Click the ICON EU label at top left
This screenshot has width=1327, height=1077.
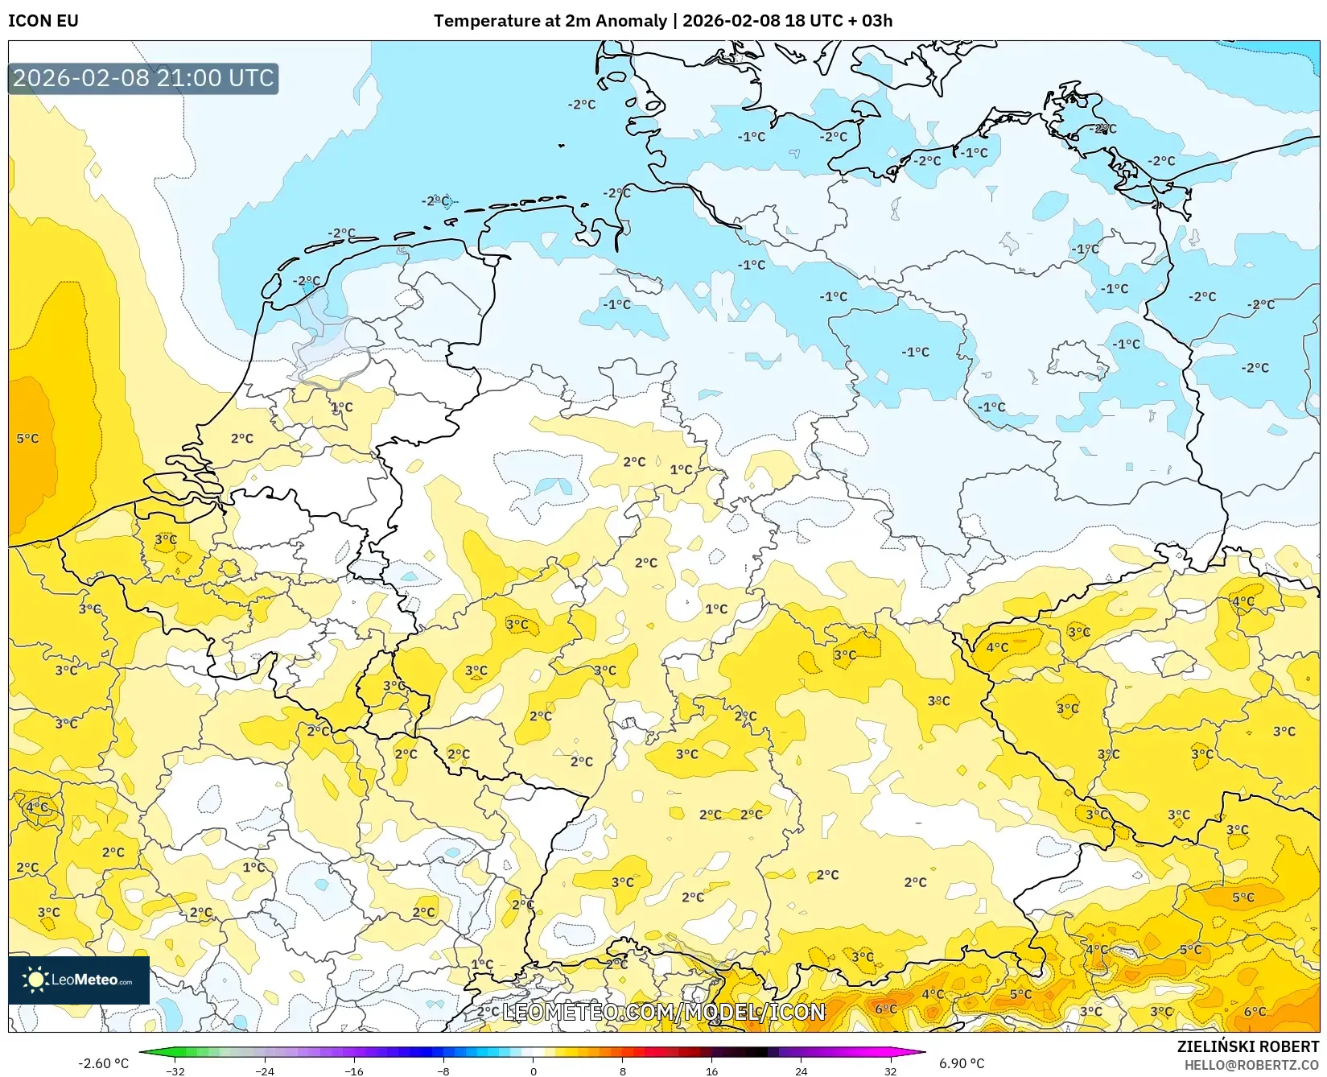[x=43, y=21]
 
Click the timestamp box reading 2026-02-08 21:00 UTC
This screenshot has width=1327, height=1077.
[x=143, y=78]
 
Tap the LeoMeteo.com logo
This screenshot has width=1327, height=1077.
[x=79, y=980]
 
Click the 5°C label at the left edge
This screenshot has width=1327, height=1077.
[x=27, y=439]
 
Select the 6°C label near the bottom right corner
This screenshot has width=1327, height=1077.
[x=1255, y=1012]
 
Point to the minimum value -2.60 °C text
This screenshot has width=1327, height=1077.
[x=103, y=1063]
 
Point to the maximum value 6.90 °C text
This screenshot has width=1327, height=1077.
[x=962, y=1063]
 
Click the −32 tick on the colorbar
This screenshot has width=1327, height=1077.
[x=175, y=1071]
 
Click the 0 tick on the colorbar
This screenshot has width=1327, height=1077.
[x=533, y=1071]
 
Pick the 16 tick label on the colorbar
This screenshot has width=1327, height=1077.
[x=711, y=1071]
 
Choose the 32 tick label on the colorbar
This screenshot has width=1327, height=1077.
[x=890, y=1071]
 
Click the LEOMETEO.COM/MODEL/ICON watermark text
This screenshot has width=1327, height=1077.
[x=664, y=1012]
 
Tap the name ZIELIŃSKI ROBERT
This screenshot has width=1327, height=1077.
[x=1248, y=1046]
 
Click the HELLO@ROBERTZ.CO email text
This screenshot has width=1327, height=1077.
[x=1251, y=1065]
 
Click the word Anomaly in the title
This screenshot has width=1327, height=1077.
[x=633, y=21]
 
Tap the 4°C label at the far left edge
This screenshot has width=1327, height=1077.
[x=36, y=807]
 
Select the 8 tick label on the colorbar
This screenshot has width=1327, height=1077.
[x=622, y=1071]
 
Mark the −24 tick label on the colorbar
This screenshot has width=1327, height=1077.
[x=265, y=1071]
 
